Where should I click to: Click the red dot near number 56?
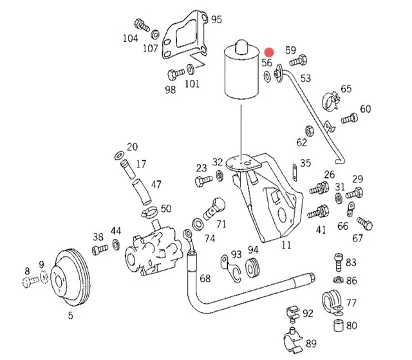coord(271,52)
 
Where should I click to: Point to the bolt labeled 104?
coord(140,26)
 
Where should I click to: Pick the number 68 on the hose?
coord(205,278)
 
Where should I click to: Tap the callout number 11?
coord(286,245)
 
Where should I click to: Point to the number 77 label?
coord(351,302)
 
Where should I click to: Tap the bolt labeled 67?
coord(365,223)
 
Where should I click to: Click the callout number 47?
coord(156,184)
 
